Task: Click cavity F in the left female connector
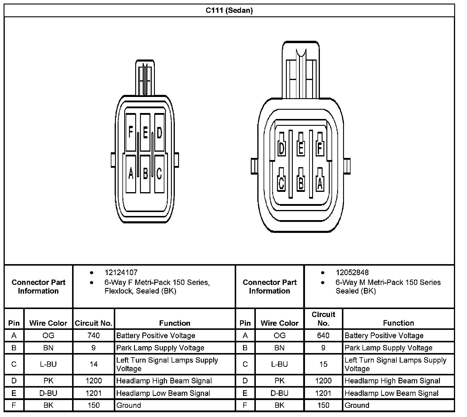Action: coord(130,132)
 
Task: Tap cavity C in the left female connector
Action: coord(159,173)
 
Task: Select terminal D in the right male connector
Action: coord(281,148)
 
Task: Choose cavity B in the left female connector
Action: coord(145,173)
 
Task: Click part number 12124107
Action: coord(121,272)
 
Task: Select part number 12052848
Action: coord(352,272)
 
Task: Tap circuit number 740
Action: coord(94,336)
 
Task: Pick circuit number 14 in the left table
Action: coord(94,364)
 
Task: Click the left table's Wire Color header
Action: coord(48,323)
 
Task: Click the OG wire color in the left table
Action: coord(48,336)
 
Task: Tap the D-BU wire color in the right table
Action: coord(279,393)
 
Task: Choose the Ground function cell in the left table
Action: coord(129,405)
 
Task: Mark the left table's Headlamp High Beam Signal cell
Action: coord(164,381)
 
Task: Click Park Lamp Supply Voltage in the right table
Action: coord(388,348)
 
